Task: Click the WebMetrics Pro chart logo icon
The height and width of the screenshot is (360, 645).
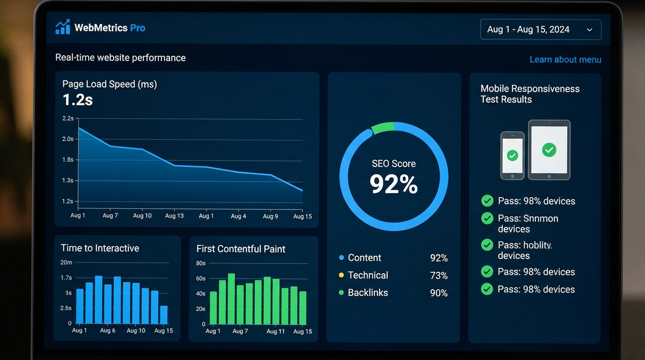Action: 62,27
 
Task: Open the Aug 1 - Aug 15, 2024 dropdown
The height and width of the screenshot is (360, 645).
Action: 540,30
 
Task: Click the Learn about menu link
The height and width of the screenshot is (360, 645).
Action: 565,60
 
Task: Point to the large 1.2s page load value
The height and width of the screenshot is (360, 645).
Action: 77,100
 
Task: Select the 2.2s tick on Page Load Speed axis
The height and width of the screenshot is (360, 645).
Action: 68,119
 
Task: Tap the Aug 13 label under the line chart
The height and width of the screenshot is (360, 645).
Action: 174,216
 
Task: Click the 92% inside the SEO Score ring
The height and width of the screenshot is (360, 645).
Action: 393,184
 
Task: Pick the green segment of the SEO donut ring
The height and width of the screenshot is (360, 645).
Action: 382,128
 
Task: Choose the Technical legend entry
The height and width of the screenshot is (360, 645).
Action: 367,275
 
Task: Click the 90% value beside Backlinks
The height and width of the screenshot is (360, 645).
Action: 438,293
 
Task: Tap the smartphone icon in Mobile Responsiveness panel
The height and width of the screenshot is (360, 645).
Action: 512,155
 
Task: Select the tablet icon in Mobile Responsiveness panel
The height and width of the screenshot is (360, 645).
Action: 549,150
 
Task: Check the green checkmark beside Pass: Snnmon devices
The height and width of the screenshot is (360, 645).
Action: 487,218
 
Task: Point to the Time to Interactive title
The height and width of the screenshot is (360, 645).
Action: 100,248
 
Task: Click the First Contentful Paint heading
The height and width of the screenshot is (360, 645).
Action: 240,249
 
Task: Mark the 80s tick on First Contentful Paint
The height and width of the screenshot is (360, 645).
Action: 201,263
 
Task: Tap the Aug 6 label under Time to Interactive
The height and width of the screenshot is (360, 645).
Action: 107,330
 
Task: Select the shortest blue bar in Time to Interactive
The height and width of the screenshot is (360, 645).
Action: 164,315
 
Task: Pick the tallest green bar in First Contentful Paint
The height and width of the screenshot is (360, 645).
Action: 231,299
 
